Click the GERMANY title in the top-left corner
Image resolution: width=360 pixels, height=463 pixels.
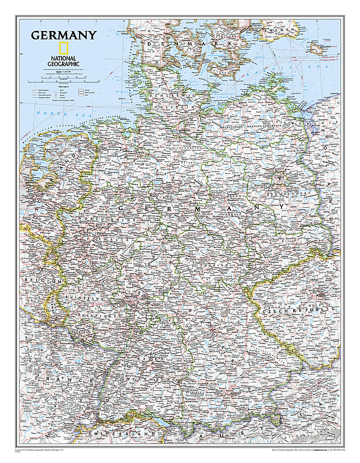[63, 35]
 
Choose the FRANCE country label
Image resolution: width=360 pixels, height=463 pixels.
[65, 380]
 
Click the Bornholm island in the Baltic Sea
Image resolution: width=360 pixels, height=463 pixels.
[320, 48]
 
